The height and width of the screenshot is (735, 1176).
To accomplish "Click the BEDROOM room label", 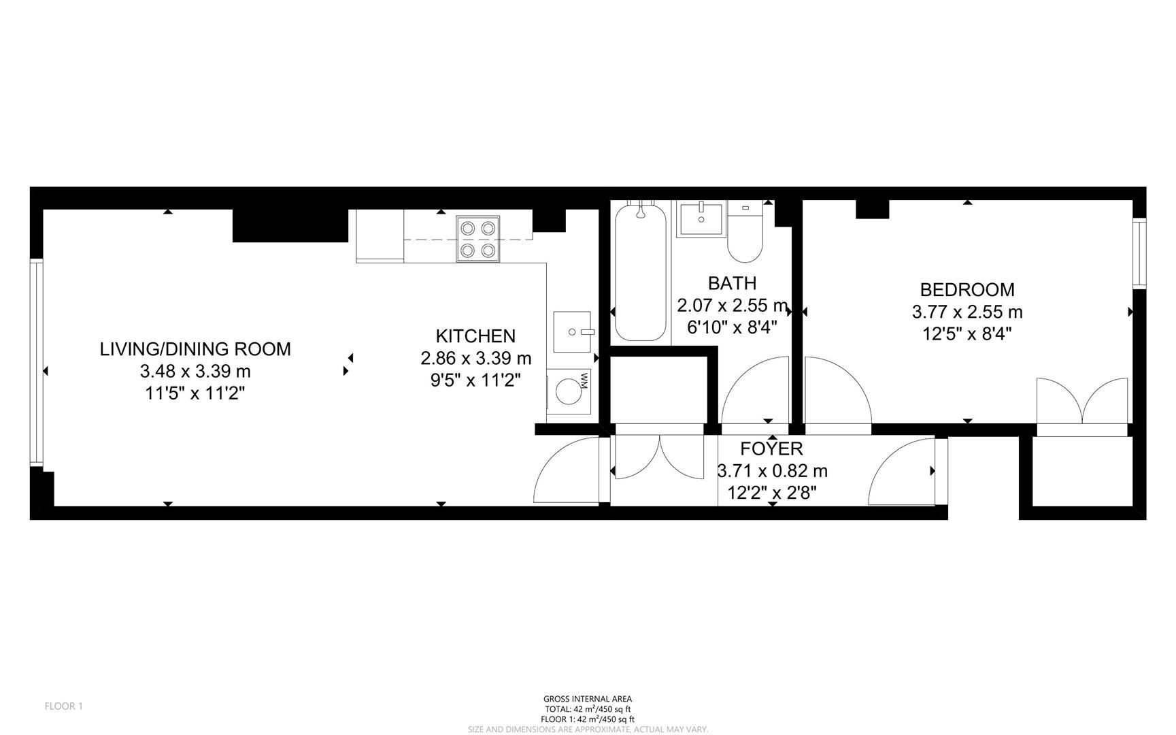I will coord(967,290).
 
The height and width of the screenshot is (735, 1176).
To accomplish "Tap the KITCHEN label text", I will coord(475,336).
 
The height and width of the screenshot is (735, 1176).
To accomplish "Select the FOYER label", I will coord(771,449).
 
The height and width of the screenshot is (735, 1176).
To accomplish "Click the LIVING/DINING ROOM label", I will coord(195,349).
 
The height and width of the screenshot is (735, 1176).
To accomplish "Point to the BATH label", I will coord(732,283).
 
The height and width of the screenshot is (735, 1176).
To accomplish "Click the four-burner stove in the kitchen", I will coord(477,239).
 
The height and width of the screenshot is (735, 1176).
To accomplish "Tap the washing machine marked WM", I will coord(569,391).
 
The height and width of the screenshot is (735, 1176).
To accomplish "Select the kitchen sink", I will coord(571,332).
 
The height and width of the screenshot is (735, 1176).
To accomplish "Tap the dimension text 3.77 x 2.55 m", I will coord(967,312).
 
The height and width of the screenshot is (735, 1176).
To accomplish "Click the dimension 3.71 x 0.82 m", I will coord(772,471).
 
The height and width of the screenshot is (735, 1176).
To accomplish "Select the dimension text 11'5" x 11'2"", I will coord(195,393).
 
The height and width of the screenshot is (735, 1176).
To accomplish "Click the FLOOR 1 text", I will coord(63,706).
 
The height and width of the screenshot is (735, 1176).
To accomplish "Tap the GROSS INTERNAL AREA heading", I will coord(587,699).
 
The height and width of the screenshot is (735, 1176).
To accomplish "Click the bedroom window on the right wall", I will coord(1139,252).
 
